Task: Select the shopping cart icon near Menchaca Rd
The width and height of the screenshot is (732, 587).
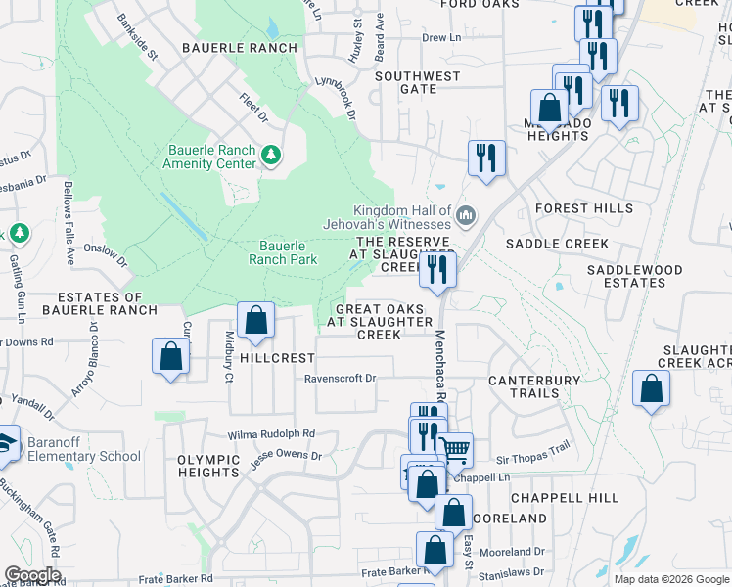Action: tap(455, 450)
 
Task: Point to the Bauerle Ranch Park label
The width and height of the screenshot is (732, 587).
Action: tap(283, 252)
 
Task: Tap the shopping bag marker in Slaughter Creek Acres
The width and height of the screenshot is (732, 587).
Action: tap(651, 388)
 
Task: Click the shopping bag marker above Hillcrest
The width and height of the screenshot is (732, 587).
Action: tap(255, 320)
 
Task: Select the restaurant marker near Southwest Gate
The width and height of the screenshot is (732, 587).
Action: tap(485, 158)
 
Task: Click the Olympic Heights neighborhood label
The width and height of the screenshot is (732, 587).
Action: tap(208, 466)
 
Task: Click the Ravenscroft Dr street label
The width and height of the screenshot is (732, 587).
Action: tap(340, 378)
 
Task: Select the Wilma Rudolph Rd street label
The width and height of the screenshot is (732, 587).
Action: tap(272, 433)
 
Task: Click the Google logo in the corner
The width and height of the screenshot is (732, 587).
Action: tap(32, 575)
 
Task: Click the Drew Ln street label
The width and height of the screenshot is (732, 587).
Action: tap(441, 38)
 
